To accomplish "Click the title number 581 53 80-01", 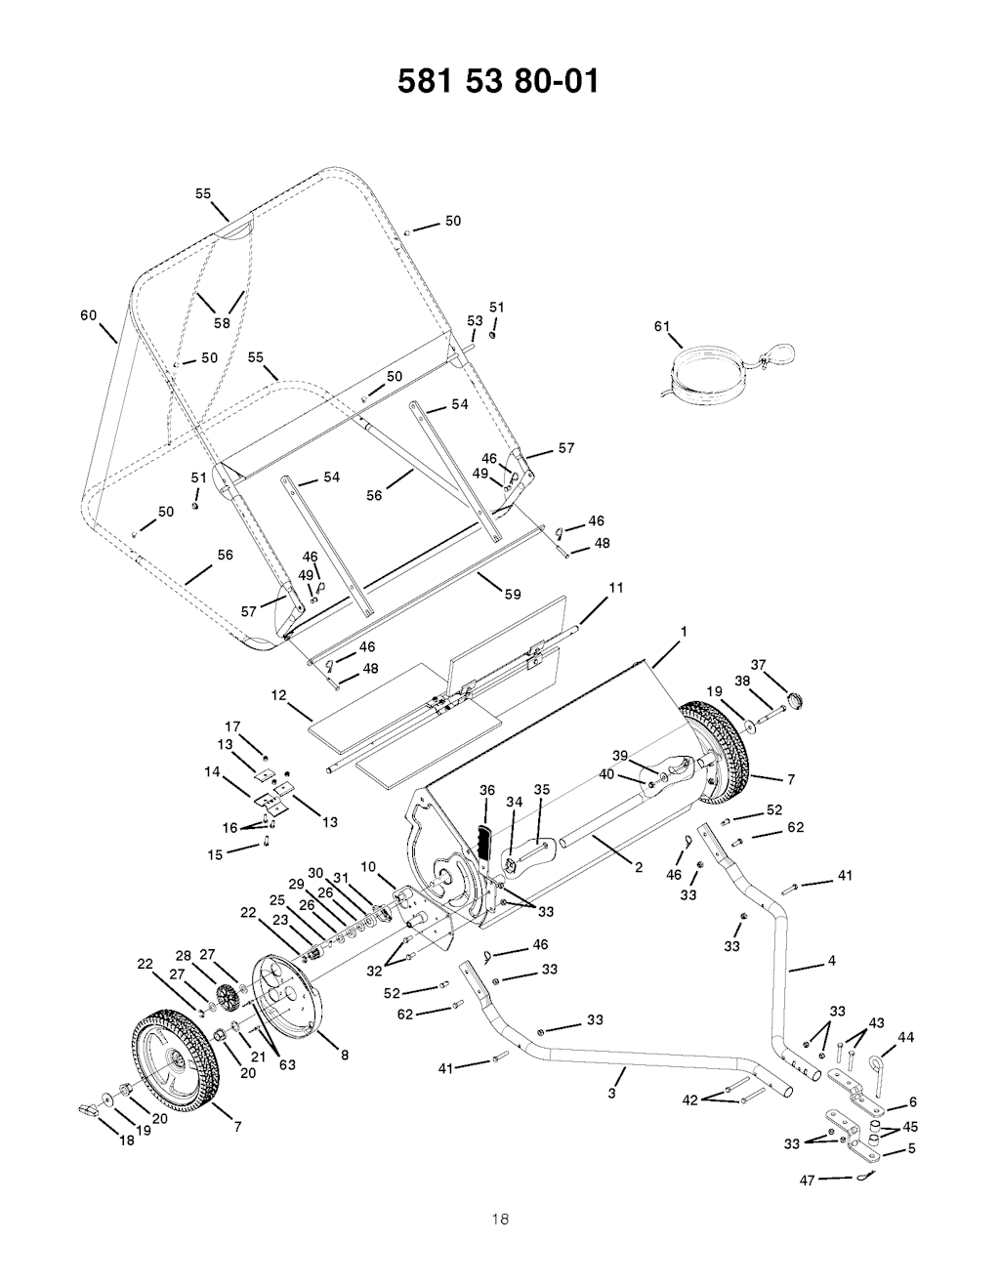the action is pyautogui.click(x=498, y=81).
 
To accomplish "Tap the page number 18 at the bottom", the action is pyautogui.click(x=500, y=1219).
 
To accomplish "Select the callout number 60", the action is pyautogui.click(x=89, y=315).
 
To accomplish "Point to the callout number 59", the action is pyautogui.click(x=513, y=595).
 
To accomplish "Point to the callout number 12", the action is pyautogui.click(x=279, y=695).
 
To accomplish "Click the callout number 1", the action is pyautogui.click(x=684, y=632).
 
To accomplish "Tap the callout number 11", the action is pyautogui.click(x=616, y=588).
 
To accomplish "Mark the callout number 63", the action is pyautogui.click(x=287, y=1065).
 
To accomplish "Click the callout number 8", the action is pyautogui.click(x=345, y=1055).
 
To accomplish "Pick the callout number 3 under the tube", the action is pyautogui.click(x=611, y=1094).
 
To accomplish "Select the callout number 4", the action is pyautogui.click(x=831, y=961).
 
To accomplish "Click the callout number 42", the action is pyautogui.click(x=690, y=1099).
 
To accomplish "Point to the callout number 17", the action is pyautogui.click(x=232, y=726).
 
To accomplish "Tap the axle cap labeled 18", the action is pyautogui.click(x=87, y=1108).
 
